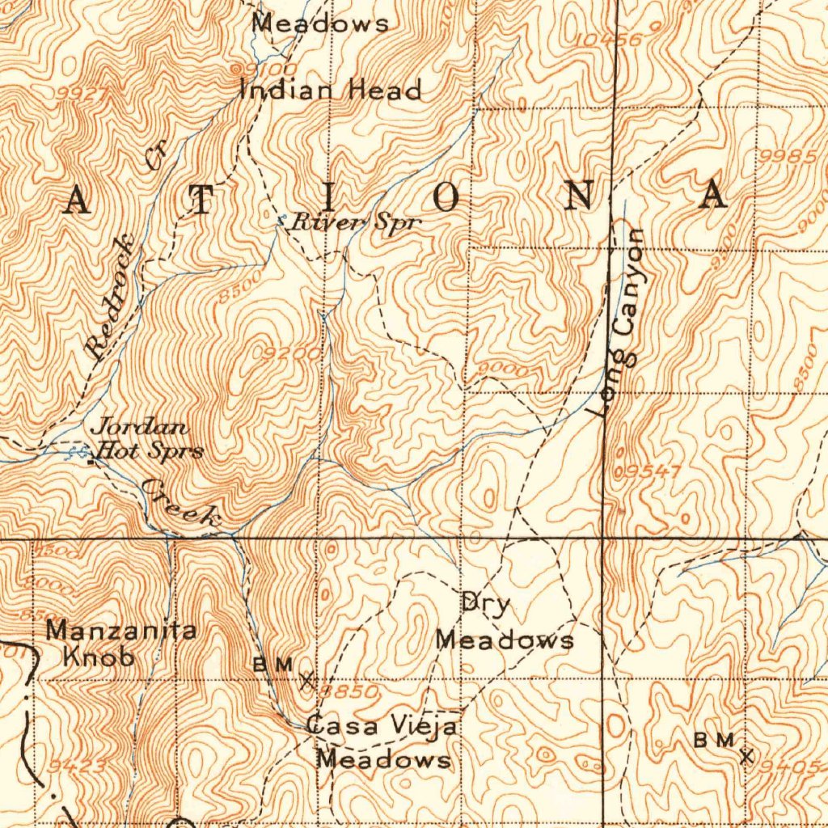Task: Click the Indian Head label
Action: point(331,89)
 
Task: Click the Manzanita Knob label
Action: point(120,643)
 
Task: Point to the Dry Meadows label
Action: point(504,622)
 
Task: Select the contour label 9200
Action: point(282,353)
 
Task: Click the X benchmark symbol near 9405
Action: point(746,756)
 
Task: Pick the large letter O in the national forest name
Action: point(448,196)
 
